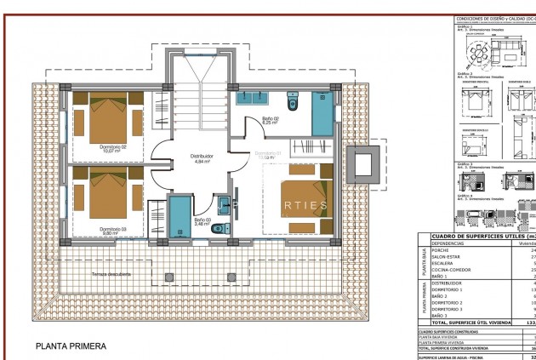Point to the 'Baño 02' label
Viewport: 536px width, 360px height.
(x=271, y=120)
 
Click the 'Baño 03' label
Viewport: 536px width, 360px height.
(x=202, y=220)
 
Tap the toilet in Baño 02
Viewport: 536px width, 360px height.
(x=294, y=103)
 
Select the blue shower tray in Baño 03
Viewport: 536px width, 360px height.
(x=179, y=217)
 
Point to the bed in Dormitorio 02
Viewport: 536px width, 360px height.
(x=108, y=117)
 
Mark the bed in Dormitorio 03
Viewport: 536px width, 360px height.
(x=108, y=194)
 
